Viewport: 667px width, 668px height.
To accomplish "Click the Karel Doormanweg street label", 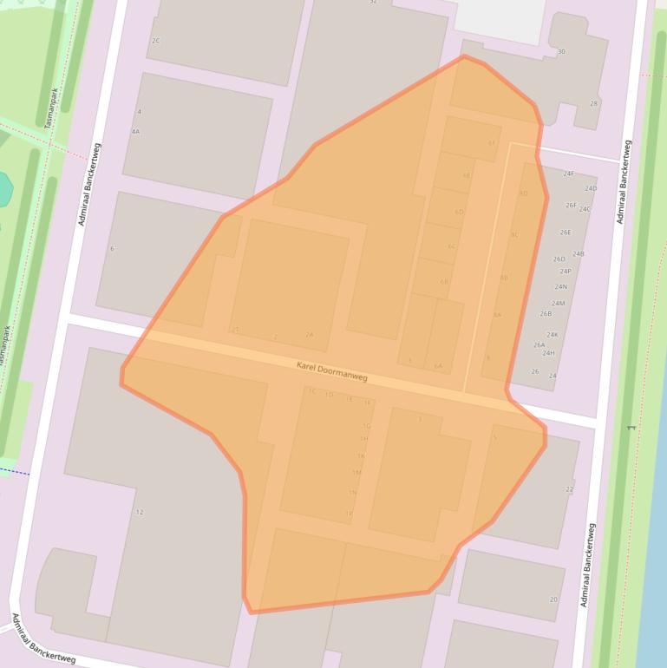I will coord(332,372).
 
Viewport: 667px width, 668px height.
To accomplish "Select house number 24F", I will coord(569,174).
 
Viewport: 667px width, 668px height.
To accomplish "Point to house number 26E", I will coord(566,232).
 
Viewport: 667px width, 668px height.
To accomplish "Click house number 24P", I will coord(566,272).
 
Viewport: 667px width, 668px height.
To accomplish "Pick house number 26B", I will coord(546,314).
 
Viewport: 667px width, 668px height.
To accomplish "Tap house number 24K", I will coord(553,335).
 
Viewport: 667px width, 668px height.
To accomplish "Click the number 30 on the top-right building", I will coord(561,52).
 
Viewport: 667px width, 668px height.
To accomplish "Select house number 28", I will coord(594,104).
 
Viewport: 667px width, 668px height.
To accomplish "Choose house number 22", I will coord(570,490).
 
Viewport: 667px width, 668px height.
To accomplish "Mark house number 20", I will coord(553,599).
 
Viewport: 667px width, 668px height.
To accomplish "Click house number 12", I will coord(140,512).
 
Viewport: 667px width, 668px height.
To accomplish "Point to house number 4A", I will coord(135,132).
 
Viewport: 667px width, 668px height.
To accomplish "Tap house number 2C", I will coord(156,41).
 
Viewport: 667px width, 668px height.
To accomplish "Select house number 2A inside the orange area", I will coord(310,334).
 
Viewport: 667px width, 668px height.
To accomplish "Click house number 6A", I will coord(438,366).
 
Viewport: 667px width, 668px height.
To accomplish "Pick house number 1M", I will coord(356,472).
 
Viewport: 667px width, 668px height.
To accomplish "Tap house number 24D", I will coord(591,188).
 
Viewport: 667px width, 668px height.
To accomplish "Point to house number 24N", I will coord(561,287).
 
